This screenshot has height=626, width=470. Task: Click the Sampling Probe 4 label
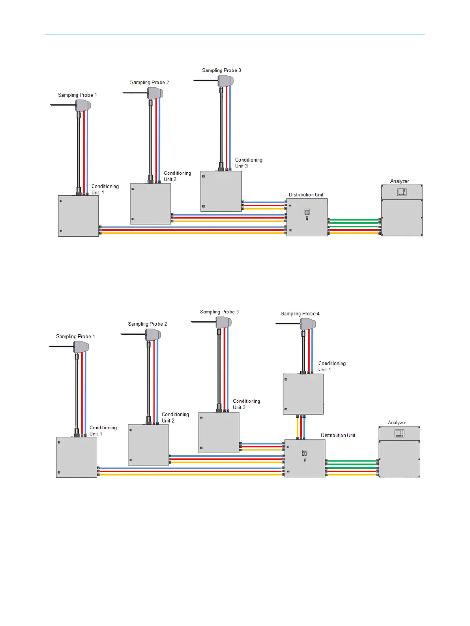(x=300, y=314)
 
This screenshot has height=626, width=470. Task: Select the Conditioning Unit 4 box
(x=303, y=394)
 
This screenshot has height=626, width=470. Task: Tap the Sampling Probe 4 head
(x=308, y=324)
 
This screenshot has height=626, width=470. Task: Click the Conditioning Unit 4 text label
(x=331, y=366)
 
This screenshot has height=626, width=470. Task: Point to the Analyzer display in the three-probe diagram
(x=402, y=192)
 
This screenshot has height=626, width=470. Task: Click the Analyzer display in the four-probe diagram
(x=399, y=433)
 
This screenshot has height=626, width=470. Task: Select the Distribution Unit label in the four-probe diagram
(x=338, y=436)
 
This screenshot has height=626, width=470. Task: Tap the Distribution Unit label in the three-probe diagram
(x=306, y=195)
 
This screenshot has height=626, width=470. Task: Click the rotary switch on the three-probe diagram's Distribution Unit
(x=307, y=212)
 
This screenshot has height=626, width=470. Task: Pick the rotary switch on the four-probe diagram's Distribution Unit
(x=305, y=453)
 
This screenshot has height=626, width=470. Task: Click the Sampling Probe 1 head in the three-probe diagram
(x=83, y=105)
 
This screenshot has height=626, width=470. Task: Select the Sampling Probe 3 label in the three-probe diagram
(x=221, y=70)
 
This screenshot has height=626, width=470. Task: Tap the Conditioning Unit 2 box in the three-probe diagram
(x=150, y=204)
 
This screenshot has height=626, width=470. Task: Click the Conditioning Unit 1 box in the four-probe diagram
(x=77, y=457)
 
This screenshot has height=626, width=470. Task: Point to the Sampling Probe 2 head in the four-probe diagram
(x=153, y=335)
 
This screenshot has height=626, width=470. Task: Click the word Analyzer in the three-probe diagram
(x=399, y=181)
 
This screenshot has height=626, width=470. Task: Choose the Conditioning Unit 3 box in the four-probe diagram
(x=219, y=432)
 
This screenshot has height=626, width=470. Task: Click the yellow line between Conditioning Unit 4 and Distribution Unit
(x=298, y=427)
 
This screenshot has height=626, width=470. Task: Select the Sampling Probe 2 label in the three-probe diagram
(x=149, y=83)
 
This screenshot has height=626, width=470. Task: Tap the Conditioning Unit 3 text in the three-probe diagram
(x=248, y=163)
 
